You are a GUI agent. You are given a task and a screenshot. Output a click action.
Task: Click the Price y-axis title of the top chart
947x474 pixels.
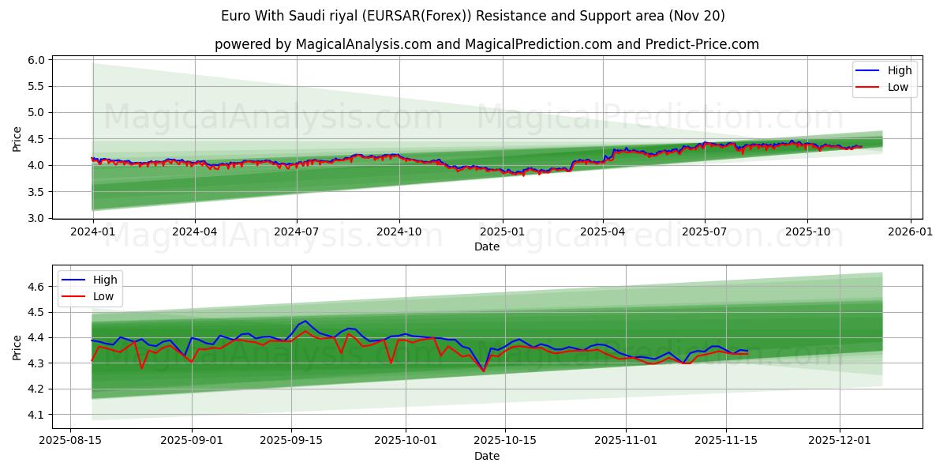(x=17, y=139)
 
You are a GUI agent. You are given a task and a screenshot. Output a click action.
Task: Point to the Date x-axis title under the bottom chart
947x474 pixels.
(x=487, y=457)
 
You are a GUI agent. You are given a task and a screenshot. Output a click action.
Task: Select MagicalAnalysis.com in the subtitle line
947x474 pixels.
(x=364, y=44)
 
